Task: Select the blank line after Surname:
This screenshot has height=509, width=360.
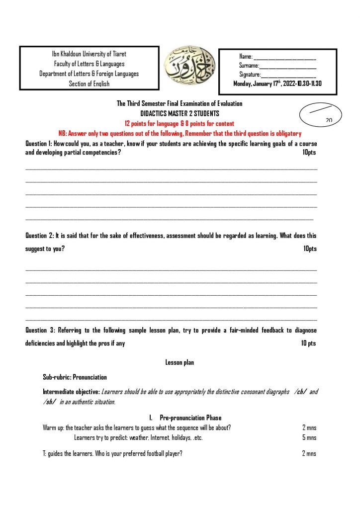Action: [x=288, y=66]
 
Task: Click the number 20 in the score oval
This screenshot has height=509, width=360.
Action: [x=329, y=120]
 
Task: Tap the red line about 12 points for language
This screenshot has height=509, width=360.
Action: [x=180, y=123]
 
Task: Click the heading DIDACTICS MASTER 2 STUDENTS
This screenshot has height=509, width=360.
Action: [x=180, y=113]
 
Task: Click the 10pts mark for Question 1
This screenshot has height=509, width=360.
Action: [x=309, y=153]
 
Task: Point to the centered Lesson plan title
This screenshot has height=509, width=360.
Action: [x=180, y=363]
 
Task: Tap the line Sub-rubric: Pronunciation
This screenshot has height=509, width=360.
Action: [x=75, y=377]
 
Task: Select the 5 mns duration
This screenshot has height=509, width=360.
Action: [x=309, y=438]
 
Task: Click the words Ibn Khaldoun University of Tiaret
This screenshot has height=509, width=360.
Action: [x=89, y=54]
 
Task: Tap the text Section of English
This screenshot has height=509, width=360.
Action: [x=89, y=84]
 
